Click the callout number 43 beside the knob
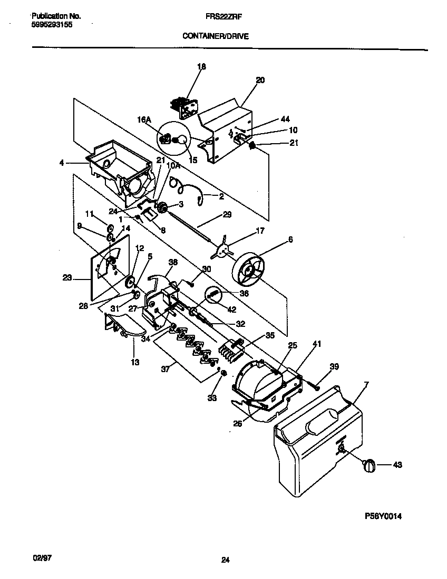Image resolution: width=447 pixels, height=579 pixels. point(397,464)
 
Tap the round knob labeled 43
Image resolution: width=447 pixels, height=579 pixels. point(369,465)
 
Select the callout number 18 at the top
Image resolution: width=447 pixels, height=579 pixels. point(201,67)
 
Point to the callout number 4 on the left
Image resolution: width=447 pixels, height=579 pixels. point(62,163)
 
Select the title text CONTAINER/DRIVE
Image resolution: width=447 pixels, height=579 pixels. point(215,36)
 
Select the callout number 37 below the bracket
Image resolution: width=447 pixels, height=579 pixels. point(166,370)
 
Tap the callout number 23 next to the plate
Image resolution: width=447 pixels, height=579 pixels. point(67,279)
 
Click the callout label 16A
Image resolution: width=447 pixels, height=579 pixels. point(144,121)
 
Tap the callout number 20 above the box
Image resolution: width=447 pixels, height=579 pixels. point(260,81)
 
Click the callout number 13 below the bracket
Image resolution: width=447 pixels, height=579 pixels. point(135,362)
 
